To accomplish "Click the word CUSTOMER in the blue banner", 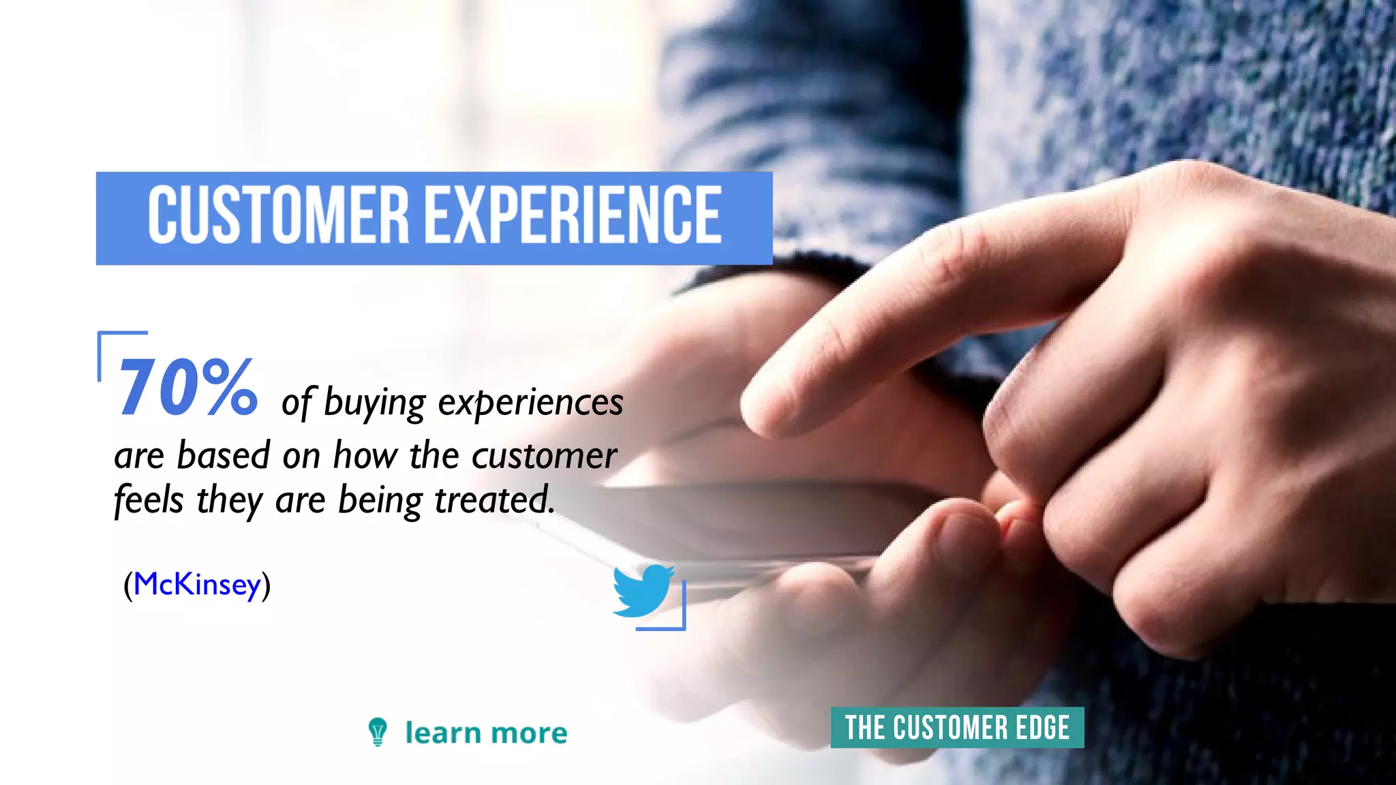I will (278, 215).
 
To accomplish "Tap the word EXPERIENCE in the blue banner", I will (574, 215).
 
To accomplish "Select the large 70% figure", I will (188, 388).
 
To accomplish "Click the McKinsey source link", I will (198, 584).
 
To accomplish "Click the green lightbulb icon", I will (378, 732).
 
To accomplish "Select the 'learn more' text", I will (486, 733).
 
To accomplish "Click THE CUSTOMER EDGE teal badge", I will (957, 728).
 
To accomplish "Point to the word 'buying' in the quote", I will (374, 403).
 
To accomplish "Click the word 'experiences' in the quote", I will (530, 403).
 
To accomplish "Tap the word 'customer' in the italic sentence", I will (545, 455).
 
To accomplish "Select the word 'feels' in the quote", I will (149, 499).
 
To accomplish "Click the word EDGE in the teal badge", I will (1042, 728).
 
